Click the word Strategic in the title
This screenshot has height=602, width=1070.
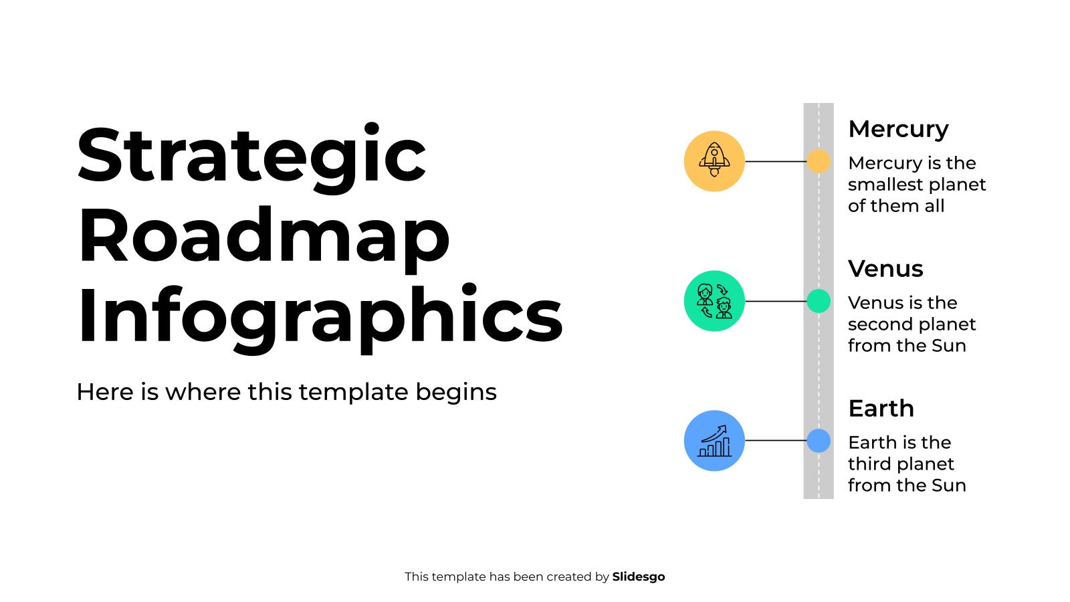tap(251, 156)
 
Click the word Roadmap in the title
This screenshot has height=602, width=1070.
tap(263, 236)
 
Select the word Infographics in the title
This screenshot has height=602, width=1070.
tap(320, 315)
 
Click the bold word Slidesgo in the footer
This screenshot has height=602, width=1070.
tap(638, 577)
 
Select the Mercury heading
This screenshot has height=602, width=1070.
tap(898, 129)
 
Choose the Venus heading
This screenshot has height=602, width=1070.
tap(885, 269)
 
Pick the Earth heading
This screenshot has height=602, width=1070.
tap(881, 409)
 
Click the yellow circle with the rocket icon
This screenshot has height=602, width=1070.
tap(714, 161)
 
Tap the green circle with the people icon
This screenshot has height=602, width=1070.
tap(714, 301)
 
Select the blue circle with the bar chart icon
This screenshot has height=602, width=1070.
tap(714, 441)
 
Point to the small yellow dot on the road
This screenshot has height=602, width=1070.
tap(818, 161)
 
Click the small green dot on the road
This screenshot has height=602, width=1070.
tap(818, 301)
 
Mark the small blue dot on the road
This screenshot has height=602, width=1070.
tap(818, 441)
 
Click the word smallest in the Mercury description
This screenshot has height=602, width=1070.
tap(883, 185)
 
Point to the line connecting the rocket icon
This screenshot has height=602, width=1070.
tap(776, 161)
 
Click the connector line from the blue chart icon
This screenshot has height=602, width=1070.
tap(776, 441)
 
